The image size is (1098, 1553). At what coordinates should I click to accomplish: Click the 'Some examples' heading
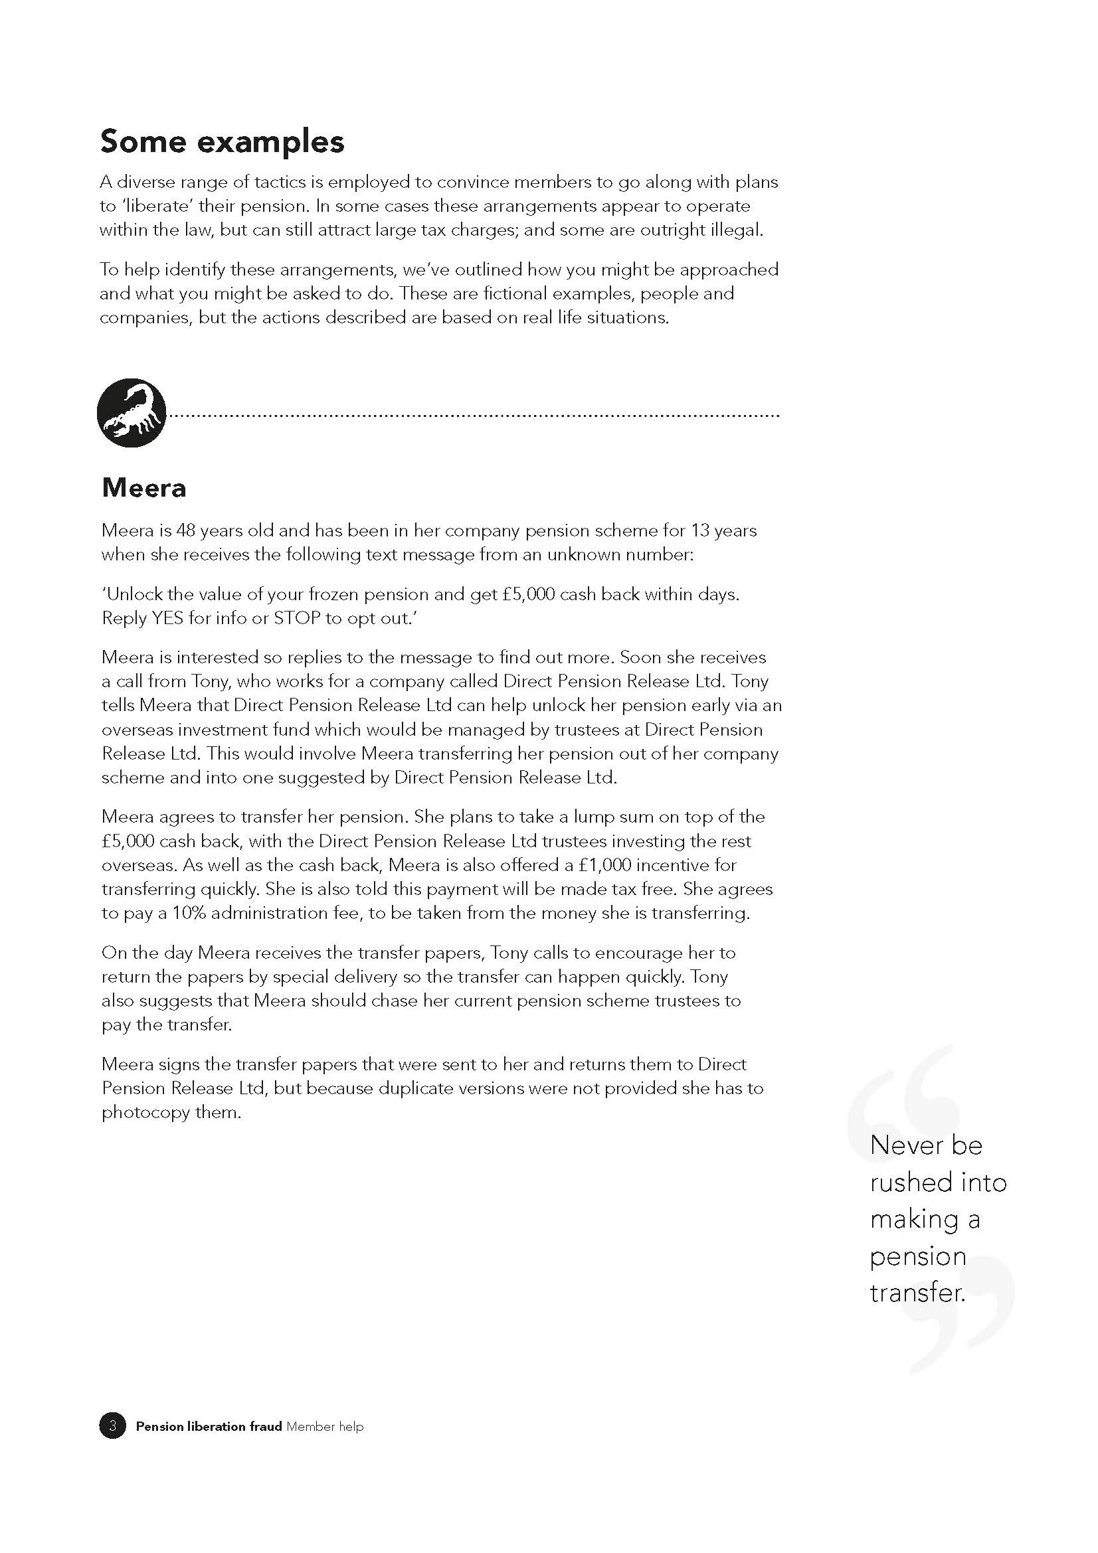point(222,142)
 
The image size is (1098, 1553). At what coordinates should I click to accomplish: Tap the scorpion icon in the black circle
point(132,412)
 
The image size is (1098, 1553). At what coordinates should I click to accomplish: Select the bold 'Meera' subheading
point(143,488)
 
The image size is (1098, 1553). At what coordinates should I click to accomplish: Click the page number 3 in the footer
point(112,1426)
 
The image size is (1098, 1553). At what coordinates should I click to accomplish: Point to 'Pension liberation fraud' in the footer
point(209,1426)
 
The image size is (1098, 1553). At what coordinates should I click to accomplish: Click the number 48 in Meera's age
point(186,531)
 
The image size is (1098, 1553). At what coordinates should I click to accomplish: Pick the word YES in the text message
point(167,618)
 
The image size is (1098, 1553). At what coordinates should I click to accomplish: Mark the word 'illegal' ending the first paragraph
point(736,230)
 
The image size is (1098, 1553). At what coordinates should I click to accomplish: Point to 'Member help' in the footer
point(325,1426)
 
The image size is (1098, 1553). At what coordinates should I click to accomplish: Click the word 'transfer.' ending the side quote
point(917,1293)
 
